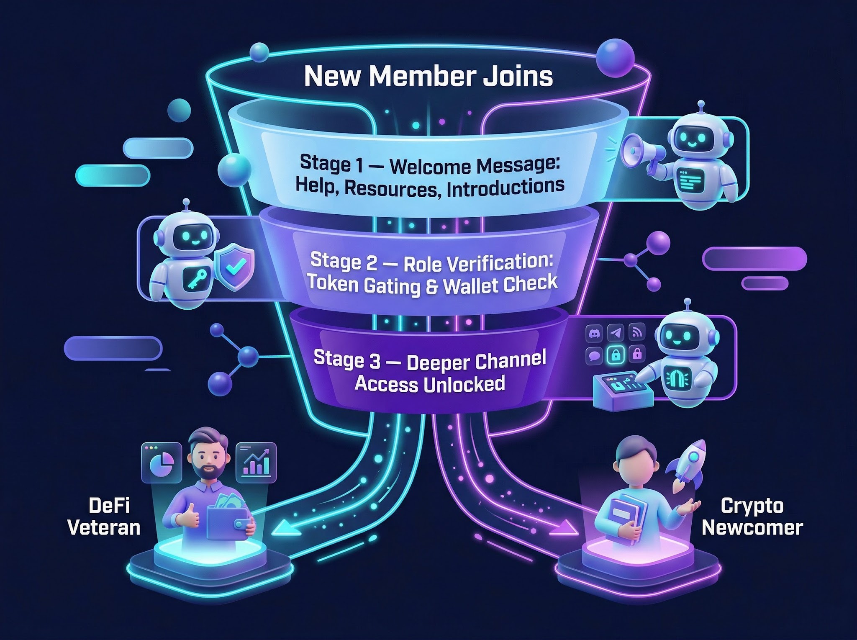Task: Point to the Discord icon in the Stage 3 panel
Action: coord(593,334)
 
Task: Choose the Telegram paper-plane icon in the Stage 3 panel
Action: coord(616,333)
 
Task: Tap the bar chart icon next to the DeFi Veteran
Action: coord(256,463)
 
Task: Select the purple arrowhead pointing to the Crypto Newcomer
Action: coord(563,528)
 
